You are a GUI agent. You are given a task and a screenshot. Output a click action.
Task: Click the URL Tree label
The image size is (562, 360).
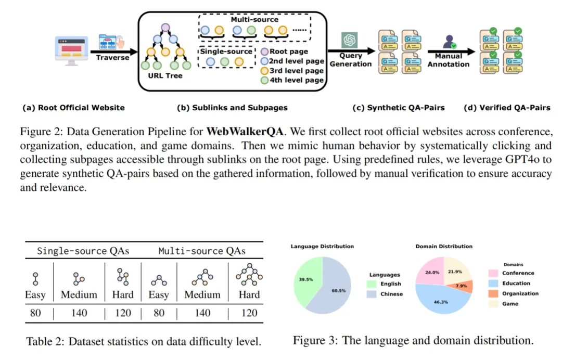(x=165, y=76)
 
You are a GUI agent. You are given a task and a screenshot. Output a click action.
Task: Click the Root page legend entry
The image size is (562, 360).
(x=288, y=51)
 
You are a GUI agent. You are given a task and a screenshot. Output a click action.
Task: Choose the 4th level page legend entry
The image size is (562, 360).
(x=292, y=80)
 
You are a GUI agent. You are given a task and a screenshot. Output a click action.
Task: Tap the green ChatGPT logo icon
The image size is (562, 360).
(x=348, y=40)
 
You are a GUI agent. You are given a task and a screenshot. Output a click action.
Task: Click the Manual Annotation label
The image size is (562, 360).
(x=448, y=60)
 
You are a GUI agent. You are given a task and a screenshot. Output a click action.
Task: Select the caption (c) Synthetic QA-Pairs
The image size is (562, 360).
(x=399, y=108)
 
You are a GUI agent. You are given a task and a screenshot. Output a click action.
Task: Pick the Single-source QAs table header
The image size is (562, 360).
(x=83, y=251)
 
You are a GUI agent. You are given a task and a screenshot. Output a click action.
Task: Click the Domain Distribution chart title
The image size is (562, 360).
(x=444, y=246)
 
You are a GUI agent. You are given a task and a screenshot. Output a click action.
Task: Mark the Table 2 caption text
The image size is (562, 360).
(x=143, y=342)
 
